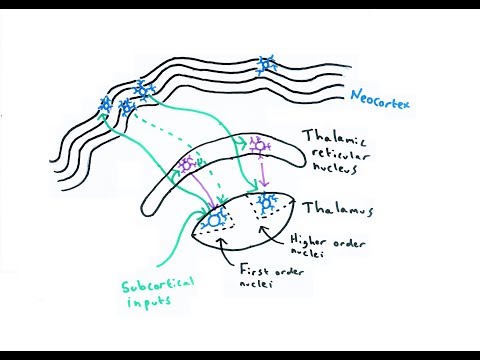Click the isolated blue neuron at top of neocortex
click(x=266, y=67)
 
